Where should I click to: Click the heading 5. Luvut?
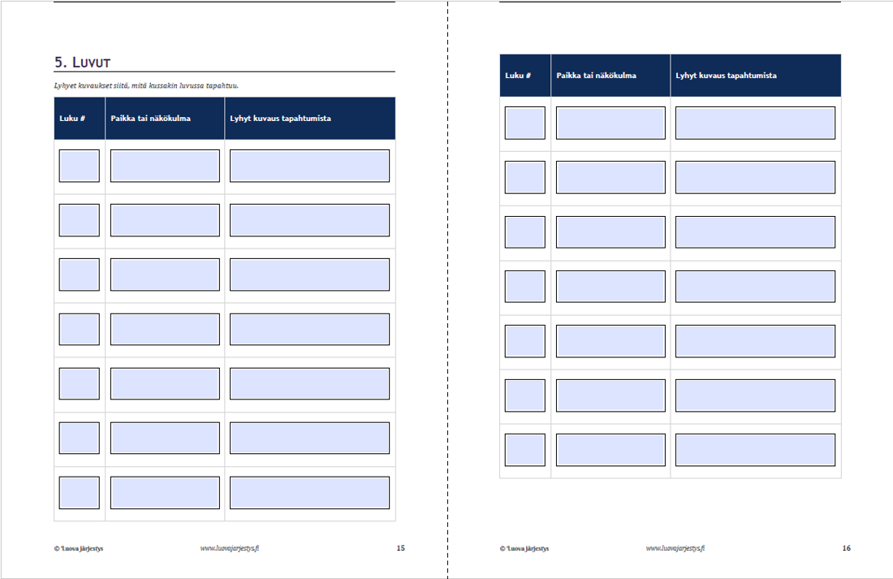83,62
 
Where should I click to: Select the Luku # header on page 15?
72,119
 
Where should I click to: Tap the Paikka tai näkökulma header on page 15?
150,119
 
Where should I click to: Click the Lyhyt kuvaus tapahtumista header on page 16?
726,76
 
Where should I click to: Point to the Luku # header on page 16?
518,76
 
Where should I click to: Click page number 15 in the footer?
401,548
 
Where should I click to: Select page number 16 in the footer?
847,548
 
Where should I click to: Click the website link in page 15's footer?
230,548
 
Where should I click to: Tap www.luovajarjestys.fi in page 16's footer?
675,548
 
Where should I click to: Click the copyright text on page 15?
79,549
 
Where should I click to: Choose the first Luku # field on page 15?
80,166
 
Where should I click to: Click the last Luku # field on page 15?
80,492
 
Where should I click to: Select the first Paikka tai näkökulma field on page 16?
610,123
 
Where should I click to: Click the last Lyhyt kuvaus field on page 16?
755,450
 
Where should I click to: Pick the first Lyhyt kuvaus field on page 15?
310,166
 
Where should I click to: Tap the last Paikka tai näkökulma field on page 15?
165,492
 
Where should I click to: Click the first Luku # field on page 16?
525,123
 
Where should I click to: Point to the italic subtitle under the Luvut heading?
146,86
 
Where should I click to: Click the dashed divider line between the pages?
447,289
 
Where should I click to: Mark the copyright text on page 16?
524,549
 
